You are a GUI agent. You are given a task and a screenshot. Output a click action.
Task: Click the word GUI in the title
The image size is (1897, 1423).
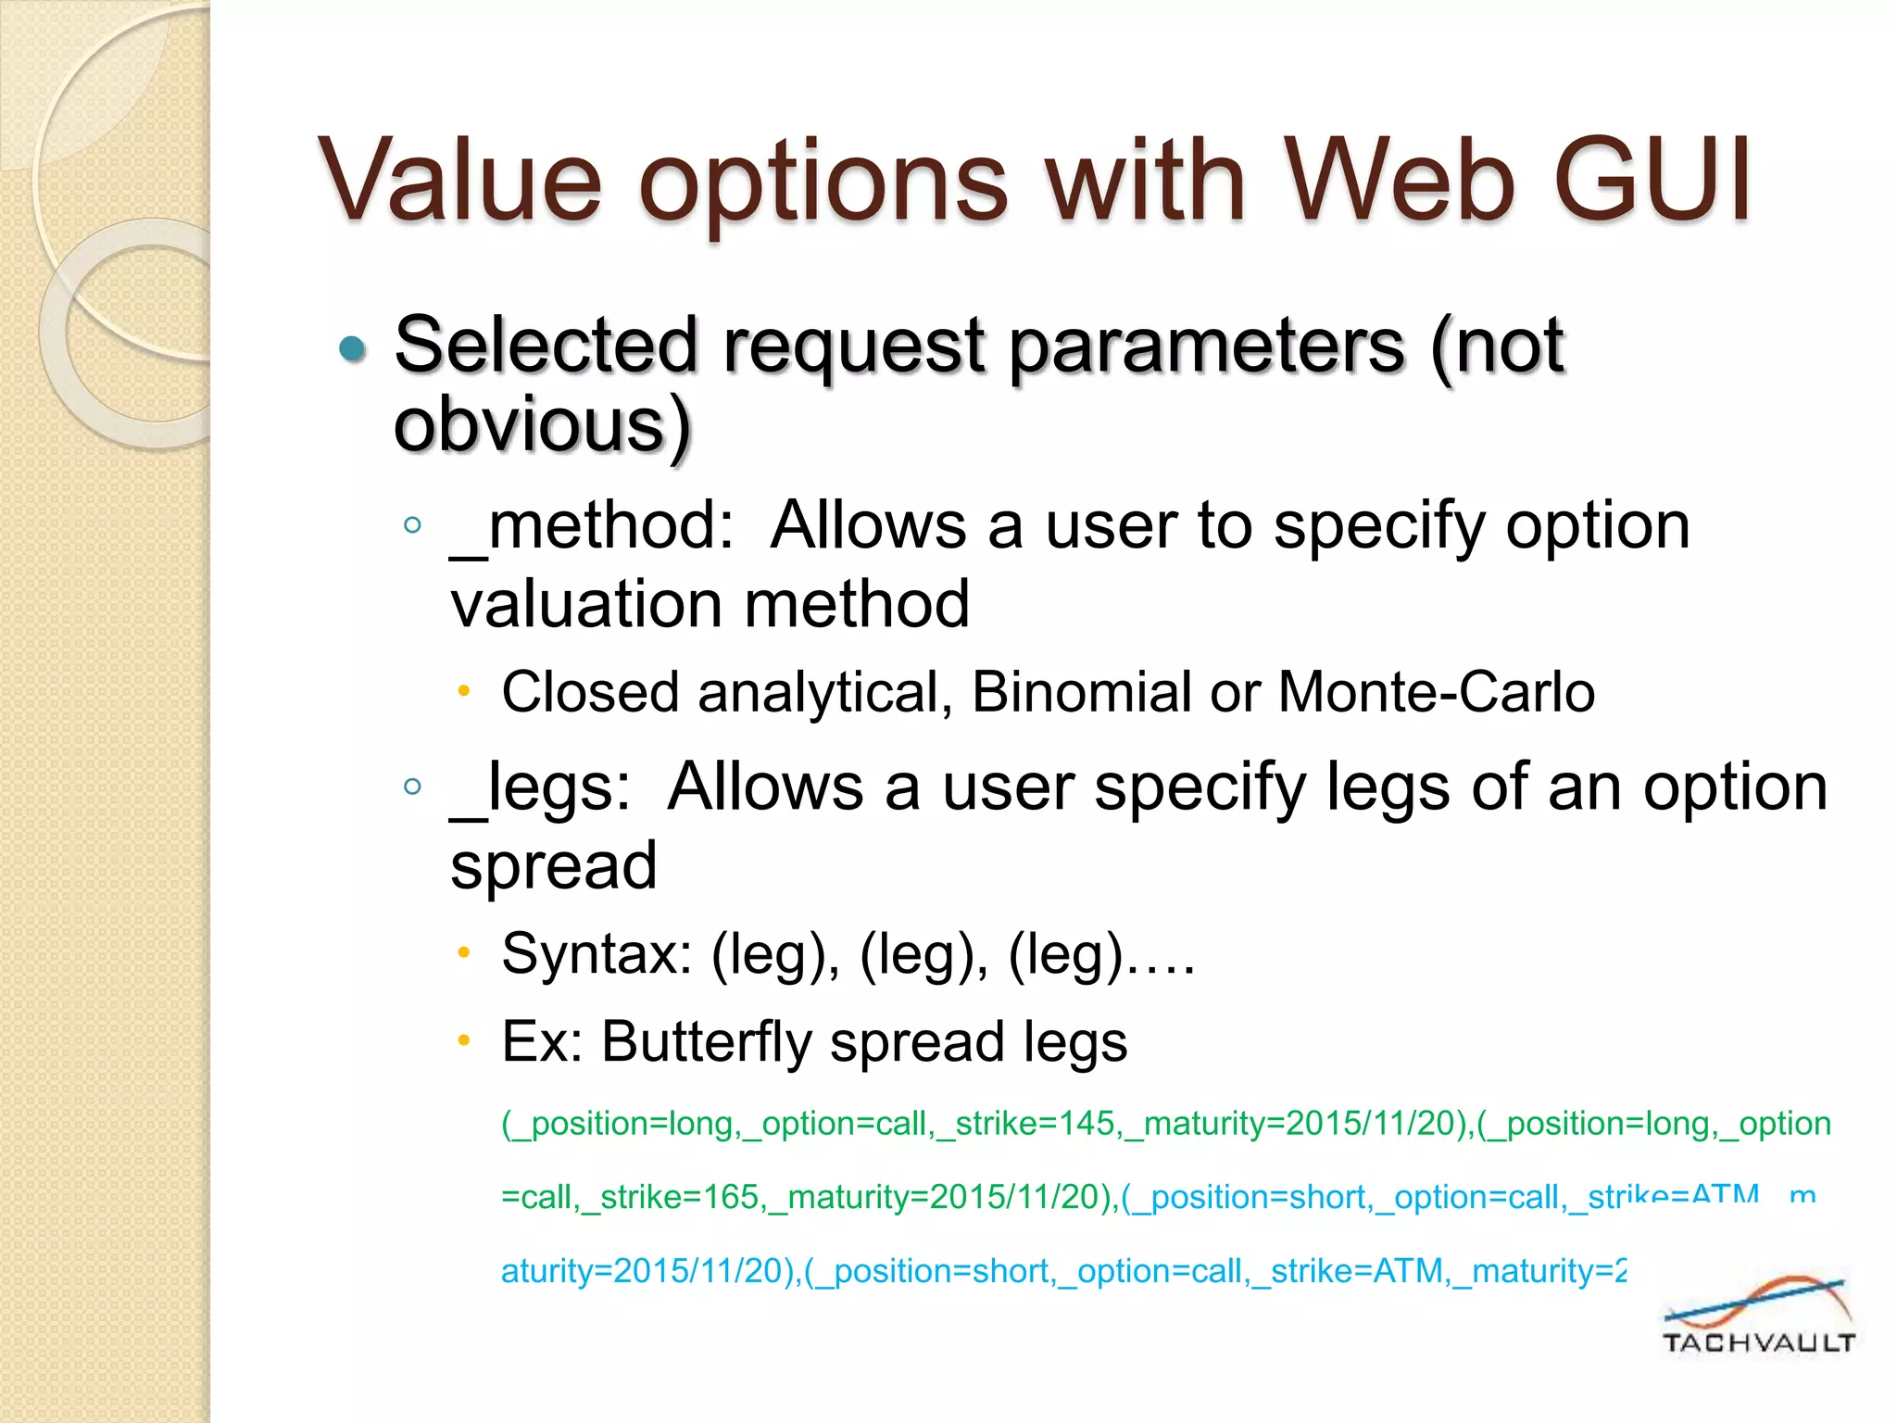(1651, 181)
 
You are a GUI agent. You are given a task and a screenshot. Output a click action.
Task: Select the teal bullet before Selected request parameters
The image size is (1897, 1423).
(353, 348)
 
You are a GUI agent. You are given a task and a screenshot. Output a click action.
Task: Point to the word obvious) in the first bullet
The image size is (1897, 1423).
(543, 426)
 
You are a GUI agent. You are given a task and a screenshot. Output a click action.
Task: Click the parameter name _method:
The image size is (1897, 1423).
(593, 526)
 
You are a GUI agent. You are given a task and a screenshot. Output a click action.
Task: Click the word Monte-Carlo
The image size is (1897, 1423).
(1436, 692)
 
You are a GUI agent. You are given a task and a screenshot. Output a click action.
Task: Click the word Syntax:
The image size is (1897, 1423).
(597, 954)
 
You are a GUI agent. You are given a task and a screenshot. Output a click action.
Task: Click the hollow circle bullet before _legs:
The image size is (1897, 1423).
(413, 787)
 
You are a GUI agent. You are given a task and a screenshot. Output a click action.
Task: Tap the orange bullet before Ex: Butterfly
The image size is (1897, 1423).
(465, 1040)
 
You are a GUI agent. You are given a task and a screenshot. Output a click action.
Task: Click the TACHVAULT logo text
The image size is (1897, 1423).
(1758, 1342)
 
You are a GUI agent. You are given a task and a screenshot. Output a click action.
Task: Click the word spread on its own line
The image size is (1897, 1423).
(554, 866)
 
